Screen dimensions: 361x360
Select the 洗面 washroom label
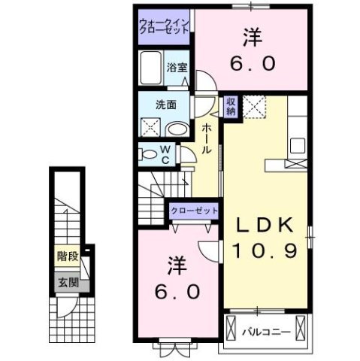[x=166, y=105]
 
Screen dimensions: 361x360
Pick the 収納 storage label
[x=231, y=106]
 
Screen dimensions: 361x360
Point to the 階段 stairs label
[x=68, y=255]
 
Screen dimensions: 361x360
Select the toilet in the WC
[x=150, y=155]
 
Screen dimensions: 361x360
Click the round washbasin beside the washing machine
[x=178, y=129]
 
